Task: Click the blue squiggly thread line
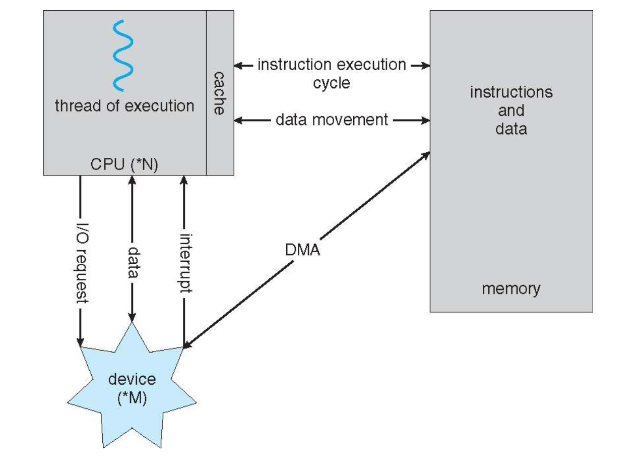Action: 123,56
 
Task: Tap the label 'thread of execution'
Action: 124,106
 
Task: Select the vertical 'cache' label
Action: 219,93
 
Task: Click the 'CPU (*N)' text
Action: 124,164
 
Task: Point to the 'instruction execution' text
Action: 332,65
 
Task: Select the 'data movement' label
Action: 332,120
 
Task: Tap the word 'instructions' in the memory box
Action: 511,92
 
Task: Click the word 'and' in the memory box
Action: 511,110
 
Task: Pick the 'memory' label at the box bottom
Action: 511,289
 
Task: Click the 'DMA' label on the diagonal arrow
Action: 302,250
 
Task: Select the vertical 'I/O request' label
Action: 82,263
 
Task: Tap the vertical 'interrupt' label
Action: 186,263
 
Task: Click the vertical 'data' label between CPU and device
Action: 133,262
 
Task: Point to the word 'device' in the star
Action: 132,379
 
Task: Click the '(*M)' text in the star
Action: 132,398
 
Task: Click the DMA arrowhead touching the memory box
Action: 426,155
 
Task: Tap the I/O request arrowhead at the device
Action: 80,341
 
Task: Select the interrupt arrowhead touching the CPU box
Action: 184,180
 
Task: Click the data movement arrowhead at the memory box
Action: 426,121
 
